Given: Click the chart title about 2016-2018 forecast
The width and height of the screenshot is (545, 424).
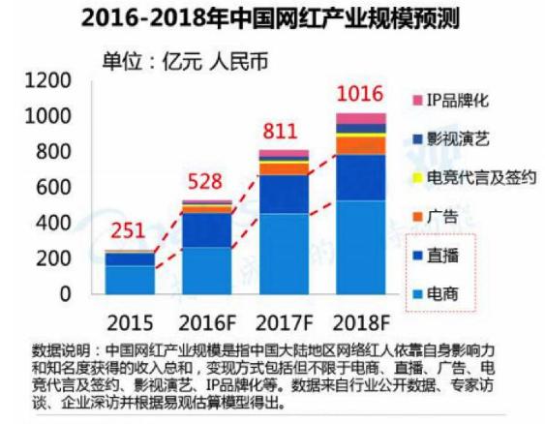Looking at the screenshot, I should click(x=272, y=16).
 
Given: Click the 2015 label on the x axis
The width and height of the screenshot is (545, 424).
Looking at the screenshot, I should click(x=129, y=319).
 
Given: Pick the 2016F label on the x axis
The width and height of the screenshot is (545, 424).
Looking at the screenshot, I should click(x=206, y=319).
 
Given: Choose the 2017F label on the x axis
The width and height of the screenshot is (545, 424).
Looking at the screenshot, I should click(x=284, y=319).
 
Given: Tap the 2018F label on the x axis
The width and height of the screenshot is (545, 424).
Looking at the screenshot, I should click(x=360, y=319).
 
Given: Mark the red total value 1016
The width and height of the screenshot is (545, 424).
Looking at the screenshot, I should click(x=360, y=95).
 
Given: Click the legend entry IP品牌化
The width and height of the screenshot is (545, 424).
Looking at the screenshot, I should click(x=455, y=100).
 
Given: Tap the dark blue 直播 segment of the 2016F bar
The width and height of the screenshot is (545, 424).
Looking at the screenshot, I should click(x=206, y=229).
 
